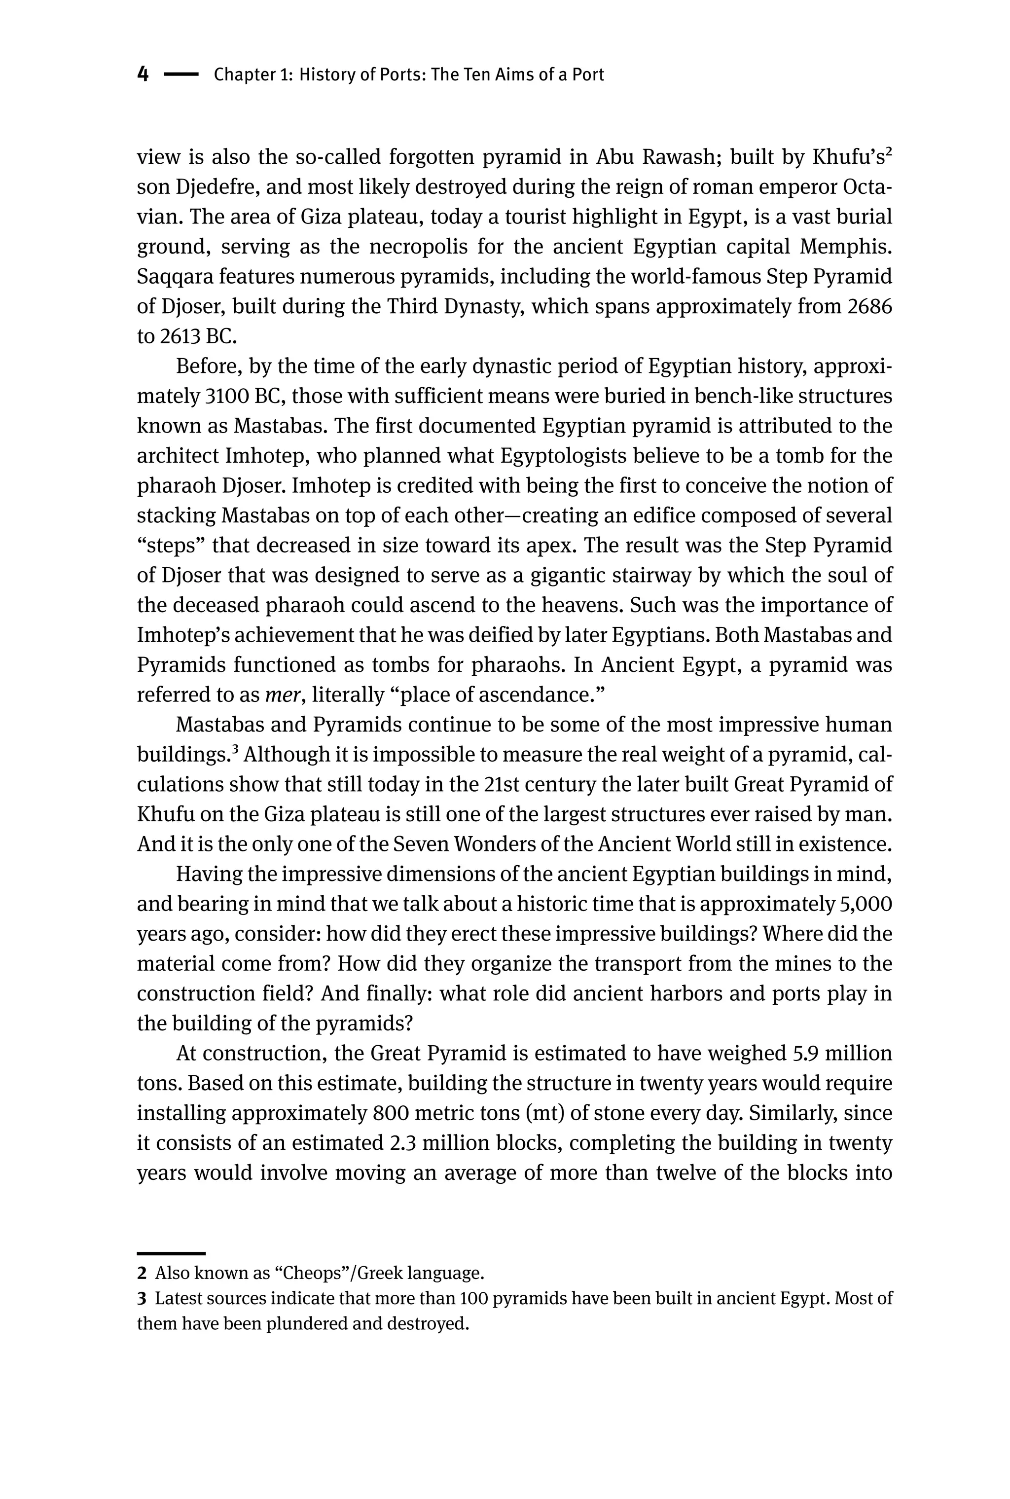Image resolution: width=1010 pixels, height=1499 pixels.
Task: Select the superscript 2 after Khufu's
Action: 888,152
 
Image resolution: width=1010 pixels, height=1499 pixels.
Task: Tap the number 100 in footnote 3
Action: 473,1298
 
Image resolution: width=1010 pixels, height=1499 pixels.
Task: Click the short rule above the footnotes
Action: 171,1253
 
